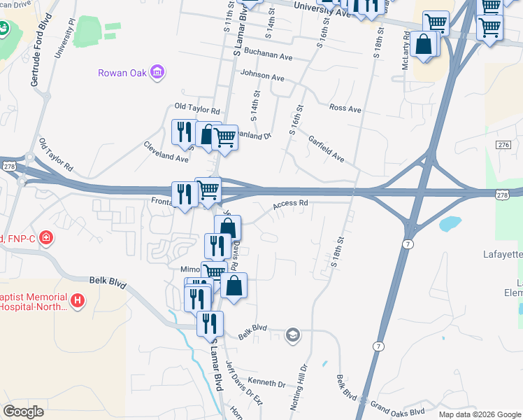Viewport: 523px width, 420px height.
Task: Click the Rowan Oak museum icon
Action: [x=157, y=72]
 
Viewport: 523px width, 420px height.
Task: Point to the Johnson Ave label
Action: [x=261, y=76]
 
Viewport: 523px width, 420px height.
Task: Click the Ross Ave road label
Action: [x=345, y=109]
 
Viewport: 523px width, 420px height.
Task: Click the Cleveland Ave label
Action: [x=166, y=153]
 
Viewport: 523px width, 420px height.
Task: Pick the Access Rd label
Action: [x=290, y=204]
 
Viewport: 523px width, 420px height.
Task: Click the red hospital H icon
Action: [x=78, y=302]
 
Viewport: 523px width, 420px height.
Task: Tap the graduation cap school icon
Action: [x=292, y=335]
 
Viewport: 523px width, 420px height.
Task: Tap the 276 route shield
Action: [x=503, y=144]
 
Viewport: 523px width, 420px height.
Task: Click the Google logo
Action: [x=23, y=412]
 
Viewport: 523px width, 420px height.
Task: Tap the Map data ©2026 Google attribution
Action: [x=479, y=414]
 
